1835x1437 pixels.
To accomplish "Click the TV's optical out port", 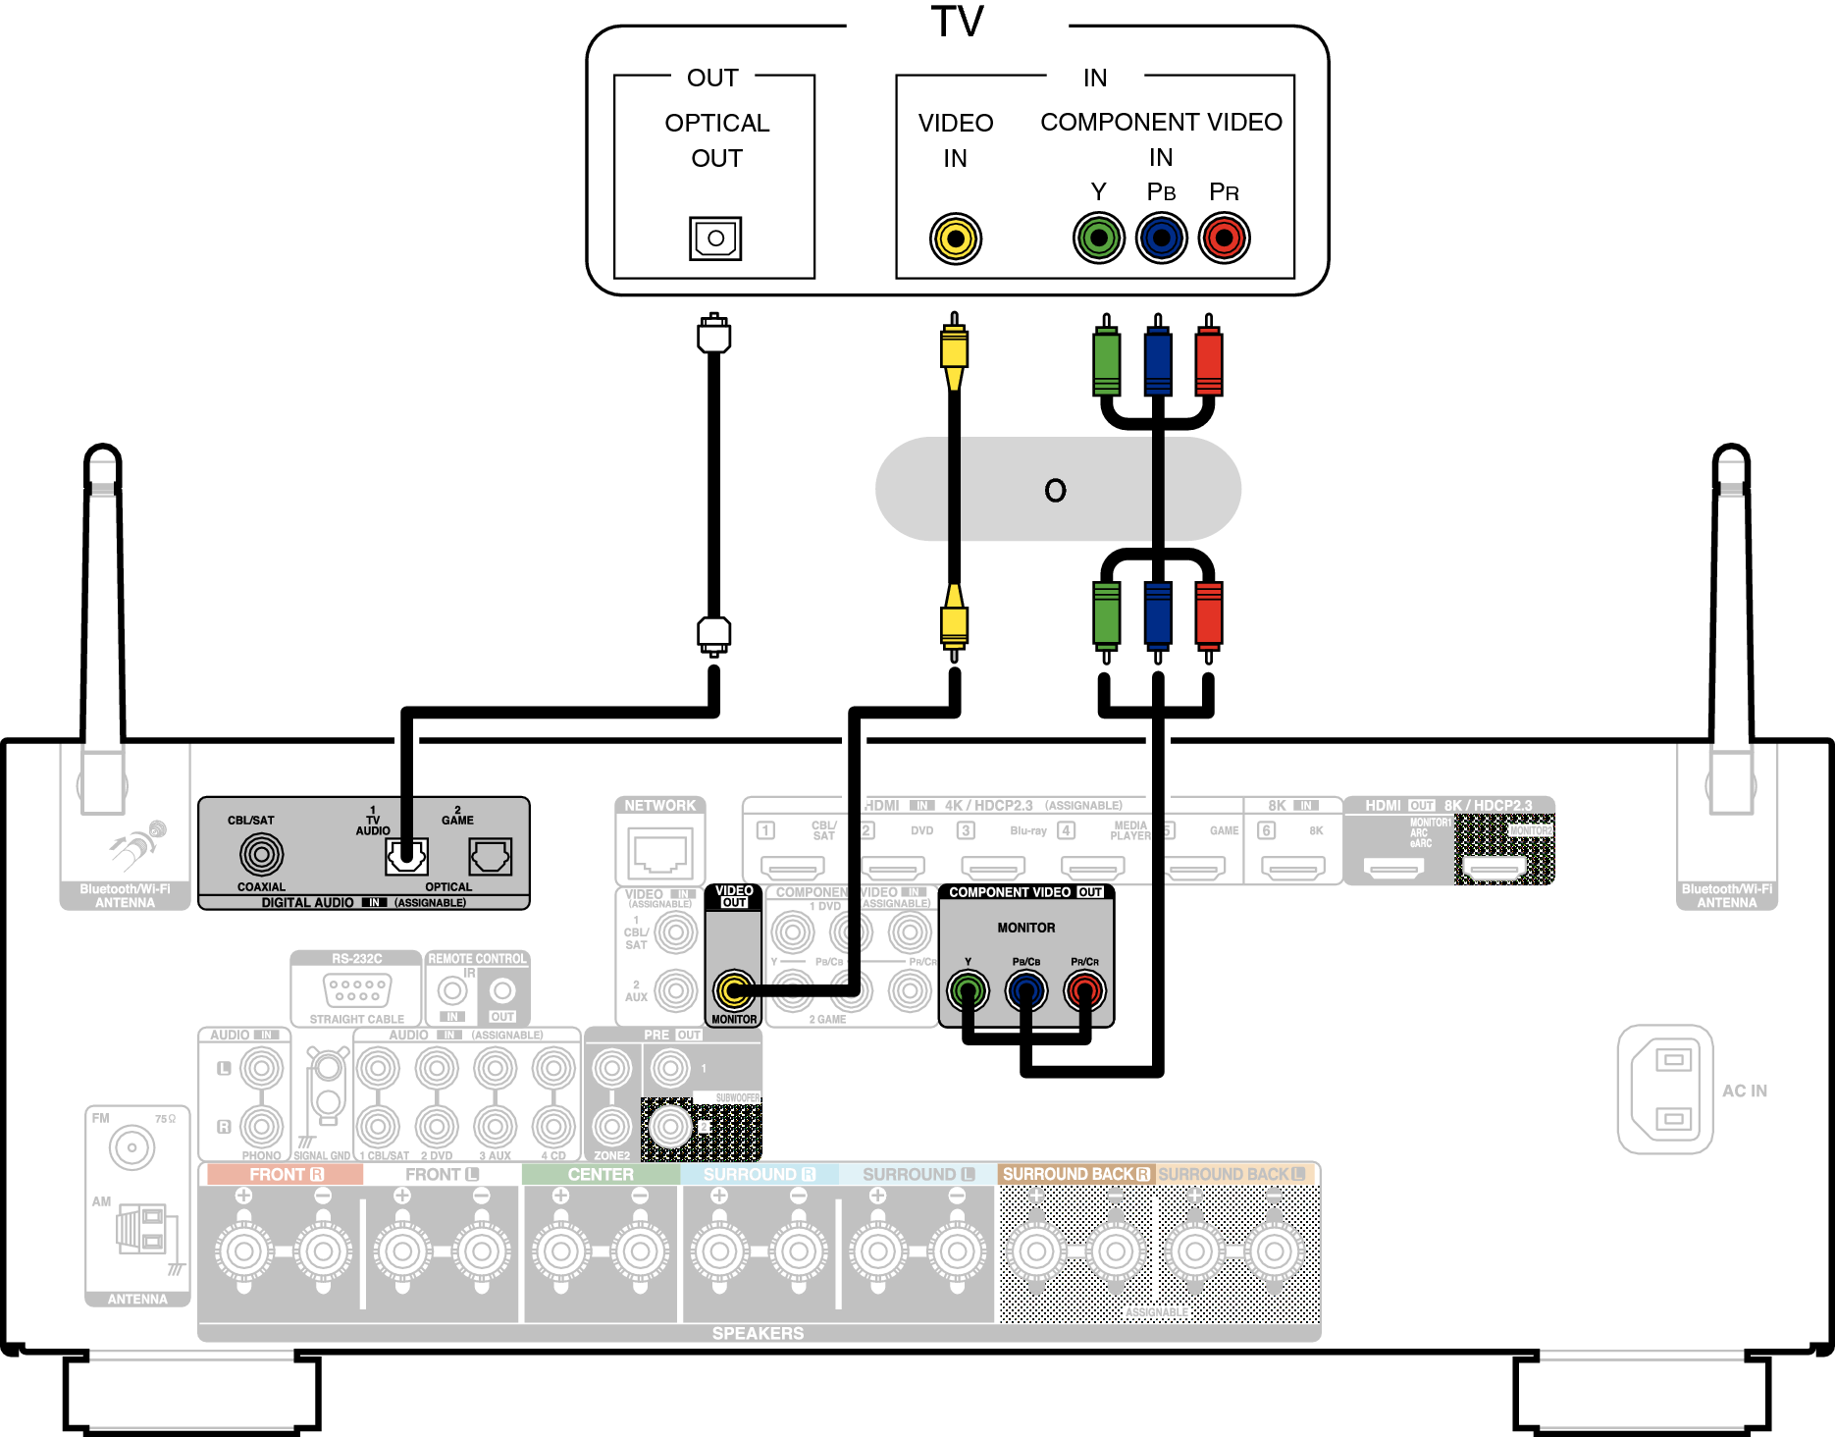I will click(x=715, y=239).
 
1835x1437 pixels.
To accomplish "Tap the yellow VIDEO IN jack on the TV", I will click(x=955, y=239).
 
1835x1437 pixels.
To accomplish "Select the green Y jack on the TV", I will click(x=1098, y=238).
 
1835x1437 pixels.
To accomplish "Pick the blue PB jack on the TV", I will click(x=1161, y=238).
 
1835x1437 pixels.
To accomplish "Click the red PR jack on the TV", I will click(x=1224, y=238).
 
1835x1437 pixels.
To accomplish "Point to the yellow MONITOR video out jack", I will click(x=733, y=990).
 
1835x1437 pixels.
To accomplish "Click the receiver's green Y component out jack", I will click(x=968, y=990).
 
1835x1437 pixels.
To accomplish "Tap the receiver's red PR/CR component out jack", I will click(x=1084, y=990).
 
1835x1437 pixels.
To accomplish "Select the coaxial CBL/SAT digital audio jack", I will click(x=261, y=854).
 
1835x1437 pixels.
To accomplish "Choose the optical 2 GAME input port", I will click(x=490, y=856).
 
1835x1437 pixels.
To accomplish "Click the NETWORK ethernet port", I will click(x=660, y=851).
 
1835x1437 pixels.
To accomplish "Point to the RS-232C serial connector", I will click(x=357, y=989).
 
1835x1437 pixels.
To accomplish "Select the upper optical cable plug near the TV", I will click(x=714, y=336).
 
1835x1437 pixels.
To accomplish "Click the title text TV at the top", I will click(x=957, y=22).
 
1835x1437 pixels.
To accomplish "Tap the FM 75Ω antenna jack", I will click(x=131, y=1146).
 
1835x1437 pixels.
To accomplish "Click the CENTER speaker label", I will click(x=601, y=1174).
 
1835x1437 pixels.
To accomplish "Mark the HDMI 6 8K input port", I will click(x=1292, y=868).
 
